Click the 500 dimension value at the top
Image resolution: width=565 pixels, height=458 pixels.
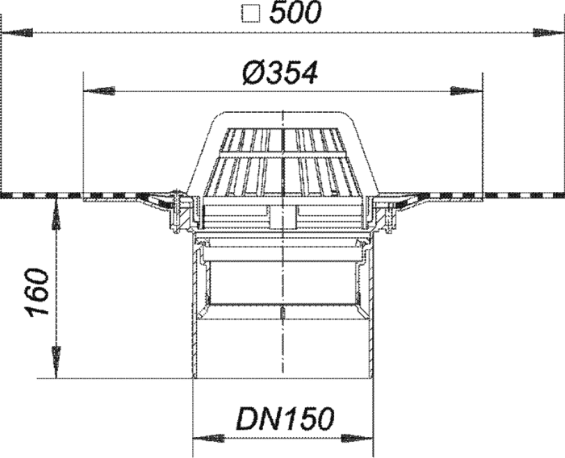pyautogui.click(x=295, y=14)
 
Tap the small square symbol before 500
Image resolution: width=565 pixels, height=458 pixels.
pyautogui.click(x=251, y=15)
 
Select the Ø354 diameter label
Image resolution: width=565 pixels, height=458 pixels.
pyautogui.click(x=280, y=73)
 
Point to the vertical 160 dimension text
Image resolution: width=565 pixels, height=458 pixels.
pyautogui.click(x=38, y=293)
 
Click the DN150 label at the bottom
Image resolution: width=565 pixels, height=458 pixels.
pyautogui.click(x=285, y=418)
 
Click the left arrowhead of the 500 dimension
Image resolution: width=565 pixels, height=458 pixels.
pyautogui.click(x=17, y=33)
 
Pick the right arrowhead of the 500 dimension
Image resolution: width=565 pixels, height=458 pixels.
pyautogui.click(x=548, y=33)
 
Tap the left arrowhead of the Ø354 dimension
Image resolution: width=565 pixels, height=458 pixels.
pyautogui.click(x=99, y=91)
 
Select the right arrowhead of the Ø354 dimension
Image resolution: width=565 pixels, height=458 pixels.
pyautogui.click(x=467, y=91)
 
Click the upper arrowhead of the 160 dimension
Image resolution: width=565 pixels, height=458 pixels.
pyautogui.click(x=56, y=214)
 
